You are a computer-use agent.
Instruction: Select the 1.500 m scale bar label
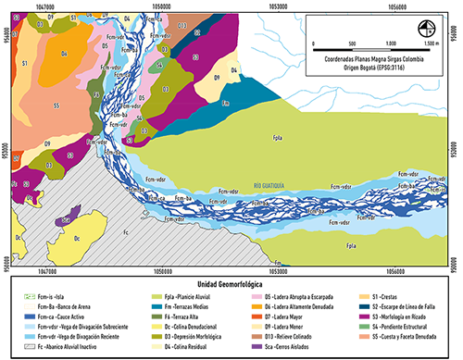425,43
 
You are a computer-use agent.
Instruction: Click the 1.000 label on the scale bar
392,43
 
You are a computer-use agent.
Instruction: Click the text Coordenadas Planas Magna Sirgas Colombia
373,55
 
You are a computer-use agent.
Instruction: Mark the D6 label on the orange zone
64,55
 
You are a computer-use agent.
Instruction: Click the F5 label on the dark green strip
95,93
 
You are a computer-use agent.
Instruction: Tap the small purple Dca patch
64,221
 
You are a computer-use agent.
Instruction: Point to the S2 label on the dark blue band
198,31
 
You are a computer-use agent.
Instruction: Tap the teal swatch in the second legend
148,305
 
